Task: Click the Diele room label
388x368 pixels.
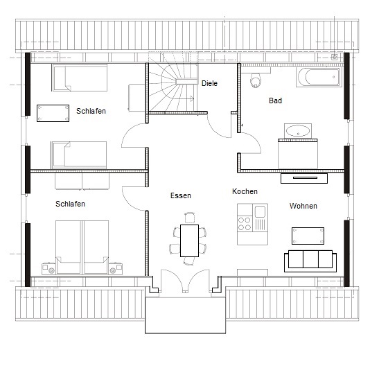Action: (x=209, y=83)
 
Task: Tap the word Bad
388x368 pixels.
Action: (x=275, y=100)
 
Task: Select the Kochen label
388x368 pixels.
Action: (x=245, y=191)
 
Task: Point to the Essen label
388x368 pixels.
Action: (x=181, y=195)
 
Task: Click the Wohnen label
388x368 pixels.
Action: (x=303, y=206)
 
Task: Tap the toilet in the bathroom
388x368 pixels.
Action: (x=256, y=80)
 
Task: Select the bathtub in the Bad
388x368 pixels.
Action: (x=318, y=77)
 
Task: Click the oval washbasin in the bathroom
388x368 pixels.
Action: (x=298, y=131)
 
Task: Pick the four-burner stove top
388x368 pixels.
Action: (x=245, y=223)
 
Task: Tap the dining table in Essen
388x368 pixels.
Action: (x=189, y=240)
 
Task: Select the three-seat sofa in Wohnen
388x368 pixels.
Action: (x=310, y=261)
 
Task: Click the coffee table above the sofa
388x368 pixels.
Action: (x=308, y=236)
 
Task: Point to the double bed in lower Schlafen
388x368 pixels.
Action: (x=82, y=247)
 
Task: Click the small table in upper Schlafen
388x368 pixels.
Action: (x=53, y=113)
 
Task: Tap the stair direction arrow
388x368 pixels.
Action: (x=188, y=98)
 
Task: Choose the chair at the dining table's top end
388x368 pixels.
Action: (x=190, y=218)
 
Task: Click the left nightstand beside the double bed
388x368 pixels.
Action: (x=48, y=268)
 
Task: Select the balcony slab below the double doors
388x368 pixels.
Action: (x=186, y=315)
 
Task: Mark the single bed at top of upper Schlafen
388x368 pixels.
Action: (x=80, y=78)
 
